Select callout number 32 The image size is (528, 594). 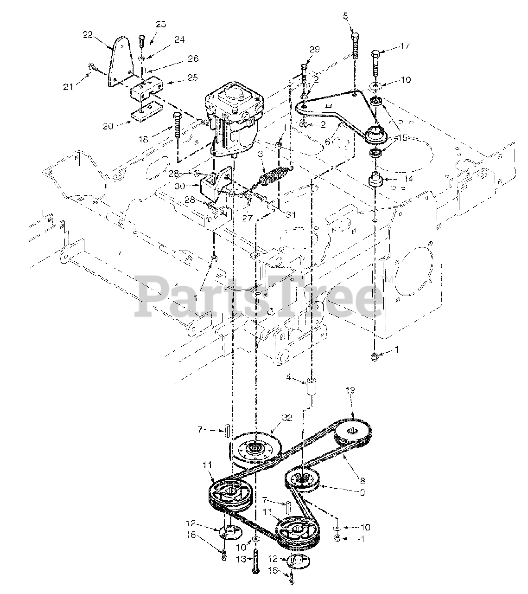pyautogui.click(x=287, y=417)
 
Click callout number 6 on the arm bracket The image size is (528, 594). pyautogui.click(x=327, y=142)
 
